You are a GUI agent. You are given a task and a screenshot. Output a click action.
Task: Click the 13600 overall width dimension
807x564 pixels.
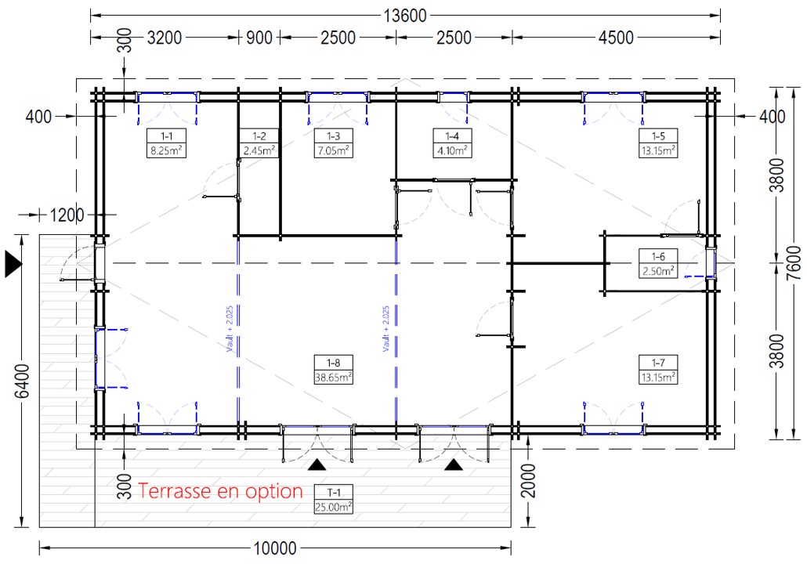click(406, 15)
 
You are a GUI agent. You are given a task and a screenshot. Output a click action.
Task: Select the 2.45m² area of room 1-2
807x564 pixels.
click(259, 150)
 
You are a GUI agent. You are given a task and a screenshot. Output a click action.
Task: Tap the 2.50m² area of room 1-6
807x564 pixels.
click(658, 271)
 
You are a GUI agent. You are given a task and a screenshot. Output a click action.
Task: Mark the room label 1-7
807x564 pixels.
click(658, 362)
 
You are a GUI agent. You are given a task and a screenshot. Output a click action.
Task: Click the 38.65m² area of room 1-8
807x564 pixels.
click(333, 377)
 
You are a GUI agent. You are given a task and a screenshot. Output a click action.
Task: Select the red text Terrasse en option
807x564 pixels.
click(220, 491)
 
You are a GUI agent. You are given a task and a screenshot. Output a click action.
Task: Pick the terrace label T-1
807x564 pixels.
click(333, 493)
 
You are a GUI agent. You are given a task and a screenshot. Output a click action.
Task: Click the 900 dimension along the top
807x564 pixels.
click(259, 37)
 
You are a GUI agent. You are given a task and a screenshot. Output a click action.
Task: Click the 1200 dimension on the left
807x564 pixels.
click(67, 214)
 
